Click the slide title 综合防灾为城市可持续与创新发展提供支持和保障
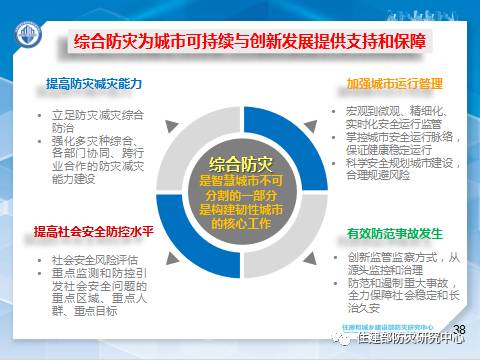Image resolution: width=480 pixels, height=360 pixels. coord(262,43)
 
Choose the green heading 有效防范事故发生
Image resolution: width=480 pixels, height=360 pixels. coord(393,233)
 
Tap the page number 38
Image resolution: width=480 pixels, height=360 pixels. coord(460,328)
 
